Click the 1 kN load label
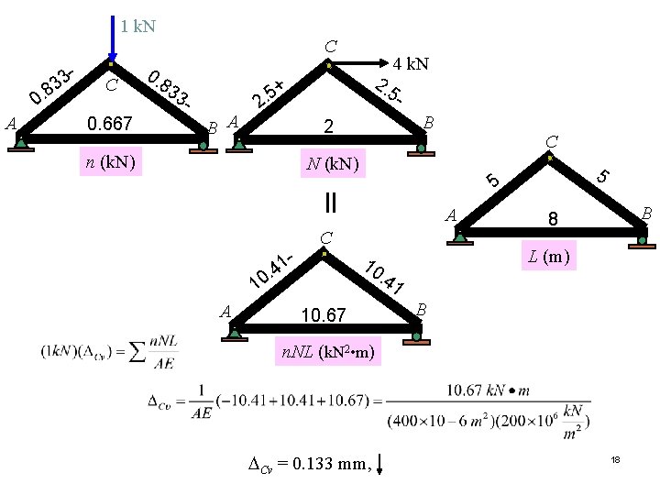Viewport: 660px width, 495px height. click(137, 26)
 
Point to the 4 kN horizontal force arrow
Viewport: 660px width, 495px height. click(357, 64)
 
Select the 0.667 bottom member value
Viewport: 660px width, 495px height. click(109, 123)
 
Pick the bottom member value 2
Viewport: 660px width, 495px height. click(331, 126)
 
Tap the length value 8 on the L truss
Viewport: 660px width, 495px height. click(553, 219)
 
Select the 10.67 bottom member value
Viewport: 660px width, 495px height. click(323, 315)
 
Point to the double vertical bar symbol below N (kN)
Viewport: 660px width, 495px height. click(329, 200)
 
